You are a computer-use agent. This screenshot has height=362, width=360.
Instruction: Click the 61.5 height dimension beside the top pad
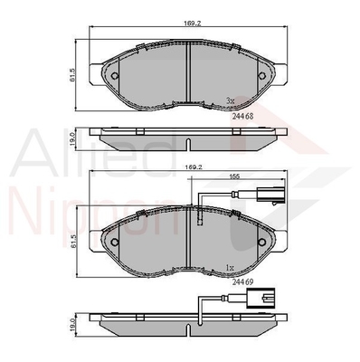(72, 75)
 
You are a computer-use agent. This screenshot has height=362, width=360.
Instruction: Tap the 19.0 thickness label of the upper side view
(72, 139)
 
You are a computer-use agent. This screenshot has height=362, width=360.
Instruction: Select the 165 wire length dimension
(235, 176)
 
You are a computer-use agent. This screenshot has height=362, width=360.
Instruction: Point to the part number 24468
(242, 116)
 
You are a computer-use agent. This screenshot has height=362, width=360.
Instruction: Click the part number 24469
(242, 281)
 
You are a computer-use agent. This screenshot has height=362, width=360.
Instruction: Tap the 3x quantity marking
(230, 101)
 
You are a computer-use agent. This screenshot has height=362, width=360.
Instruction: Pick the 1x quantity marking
(230, 267)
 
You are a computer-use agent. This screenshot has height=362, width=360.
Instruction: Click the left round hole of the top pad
(115, 76)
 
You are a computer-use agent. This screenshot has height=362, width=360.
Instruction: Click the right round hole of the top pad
(261, 76)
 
